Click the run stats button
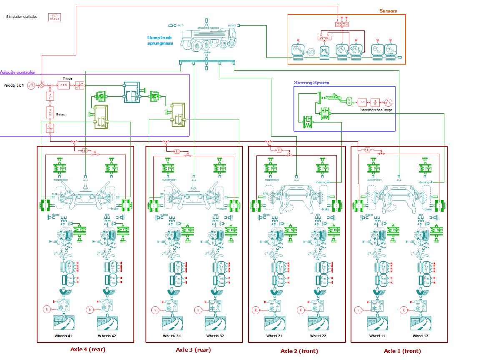(x=55, y=17)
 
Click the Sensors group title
(x=388, y=11)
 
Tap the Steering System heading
(x=311, y=83)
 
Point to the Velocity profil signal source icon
(x=31, y=85)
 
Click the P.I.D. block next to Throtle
(x=64, y=85)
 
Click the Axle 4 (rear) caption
(x=88, y=350)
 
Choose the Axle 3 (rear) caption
(x=193, y=350)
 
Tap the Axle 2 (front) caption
(x=299, y=351)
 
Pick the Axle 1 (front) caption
(x=402, y=351)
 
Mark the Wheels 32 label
(x=215, y=335)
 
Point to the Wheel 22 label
(x=318, y=335)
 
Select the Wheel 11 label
(x=377, y=335)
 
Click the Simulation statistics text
(x=22, y=17)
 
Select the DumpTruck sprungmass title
(x=160, y=40)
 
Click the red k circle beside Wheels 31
(x=155, y=310)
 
